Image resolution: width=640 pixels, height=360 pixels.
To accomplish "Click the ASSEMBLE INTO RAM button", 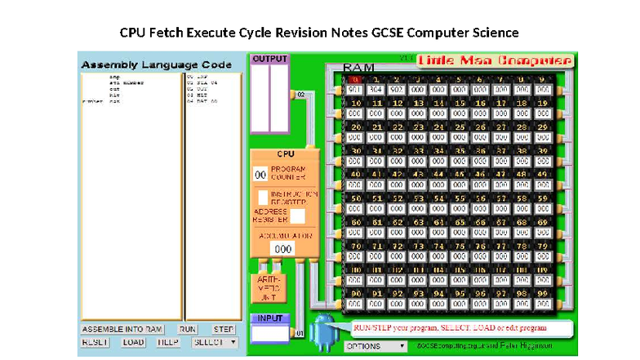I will pos(123,329).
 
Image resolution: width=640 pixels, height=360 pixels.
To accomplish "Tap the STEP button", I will pos(224,329).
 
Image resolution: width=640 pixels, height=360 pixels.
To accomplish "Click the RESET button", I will pos(96,342).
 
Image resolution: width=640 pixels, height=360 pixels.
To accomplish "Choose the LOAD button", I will pos(134,342).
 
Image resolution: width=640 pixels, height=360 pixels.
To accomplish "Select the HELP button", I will pos(167,342).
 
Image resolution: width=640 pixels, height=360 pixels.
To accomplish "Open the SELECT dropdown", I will pos(214,342).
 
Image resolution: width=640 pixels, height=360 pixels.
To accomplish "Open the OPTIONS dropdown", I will pos(376,346).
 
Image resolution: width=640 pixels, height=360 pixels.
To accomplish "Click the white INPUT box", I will pos(269,332).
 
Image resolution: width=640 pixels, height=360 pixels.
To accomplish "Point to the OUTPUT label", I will pos(269,59).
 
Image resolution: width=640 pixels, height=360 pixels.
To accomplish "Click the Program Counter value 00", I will pos(260,173).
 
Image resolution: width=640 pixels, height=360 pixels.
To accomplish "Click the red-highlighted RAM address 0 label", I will pos(355,80).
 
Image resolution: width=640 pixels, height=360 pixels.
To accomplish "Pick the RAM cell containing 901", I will pos(355,90).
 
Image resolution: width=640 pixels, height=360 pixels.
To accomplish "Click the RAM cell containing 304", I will pos(376,90).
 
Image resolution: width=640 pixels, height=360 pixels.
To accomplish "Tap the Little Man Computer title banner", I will pos(495,61).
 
